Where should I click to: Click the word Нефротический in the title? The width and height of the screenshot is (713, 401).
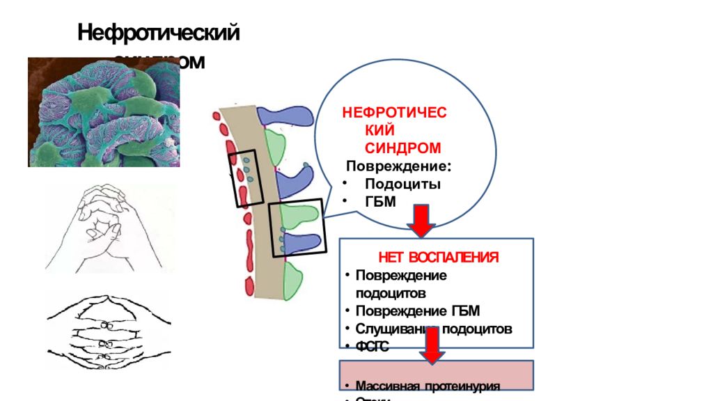click(x=159, y=33)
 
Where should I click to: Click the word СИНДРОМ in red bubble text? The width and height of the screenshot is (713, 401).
click(x=403, y=148)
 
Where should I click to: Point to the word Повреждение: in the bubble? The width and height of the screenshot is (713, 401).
click(x=398, y=167)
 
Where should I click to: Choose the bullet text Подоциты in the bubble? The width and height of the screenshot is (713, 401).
click(x=402, y=184)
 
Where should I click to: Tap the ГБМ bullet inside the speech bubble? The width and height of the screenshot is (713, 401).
click(x=380, y=202)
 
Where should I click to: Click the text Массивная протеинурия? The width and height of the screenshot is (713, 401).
click(x=428, y=386)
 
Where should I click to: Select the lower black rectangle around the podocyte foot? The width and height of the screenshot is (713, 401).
click(x=296, y=228)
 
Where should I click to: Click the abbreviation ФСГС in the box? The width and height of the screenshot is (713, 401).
click(x=372, y=346)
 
